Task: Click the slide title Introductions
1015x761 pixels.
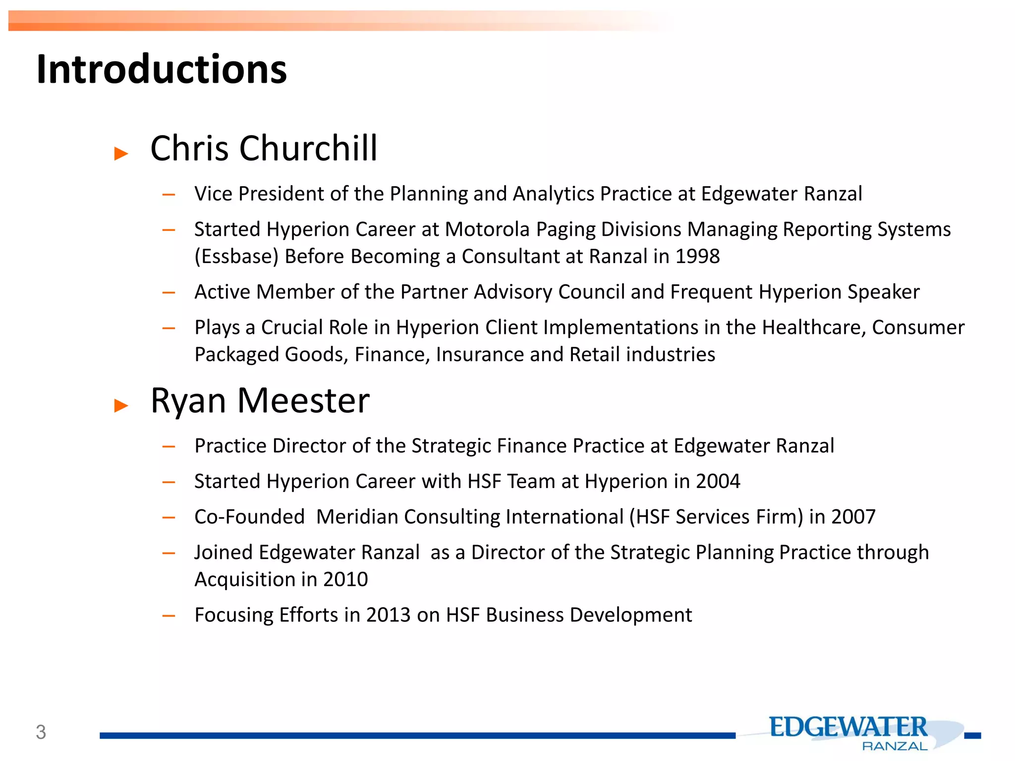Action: coord(162,69)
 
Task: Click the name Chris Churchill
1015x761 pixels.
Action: coord(264,148)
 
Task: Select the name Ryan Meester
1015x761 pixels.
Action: coord(260,400)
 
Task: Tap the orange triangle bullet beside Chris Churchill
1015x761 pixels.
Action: coord(121,153)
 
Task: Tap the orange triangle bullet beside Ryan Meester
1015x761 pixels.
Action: coord(121,405)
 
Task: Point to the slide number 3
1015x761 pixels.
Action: coord(41,732)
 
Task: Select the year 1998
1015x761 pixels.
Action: coord(697,256)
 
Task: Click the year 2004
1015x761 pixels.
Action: coord(718,481)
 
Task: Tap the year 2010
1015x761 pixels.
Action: coord(345,579)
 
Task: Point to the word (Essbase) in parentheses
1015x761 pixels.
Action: coord(236,256)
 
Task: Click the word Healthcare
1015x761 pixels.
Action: coord(813,327)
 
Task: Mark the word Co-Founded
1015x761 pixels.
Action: coord(249,517)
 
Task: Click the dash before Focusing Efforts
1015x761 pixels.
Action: coord(169,616)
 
